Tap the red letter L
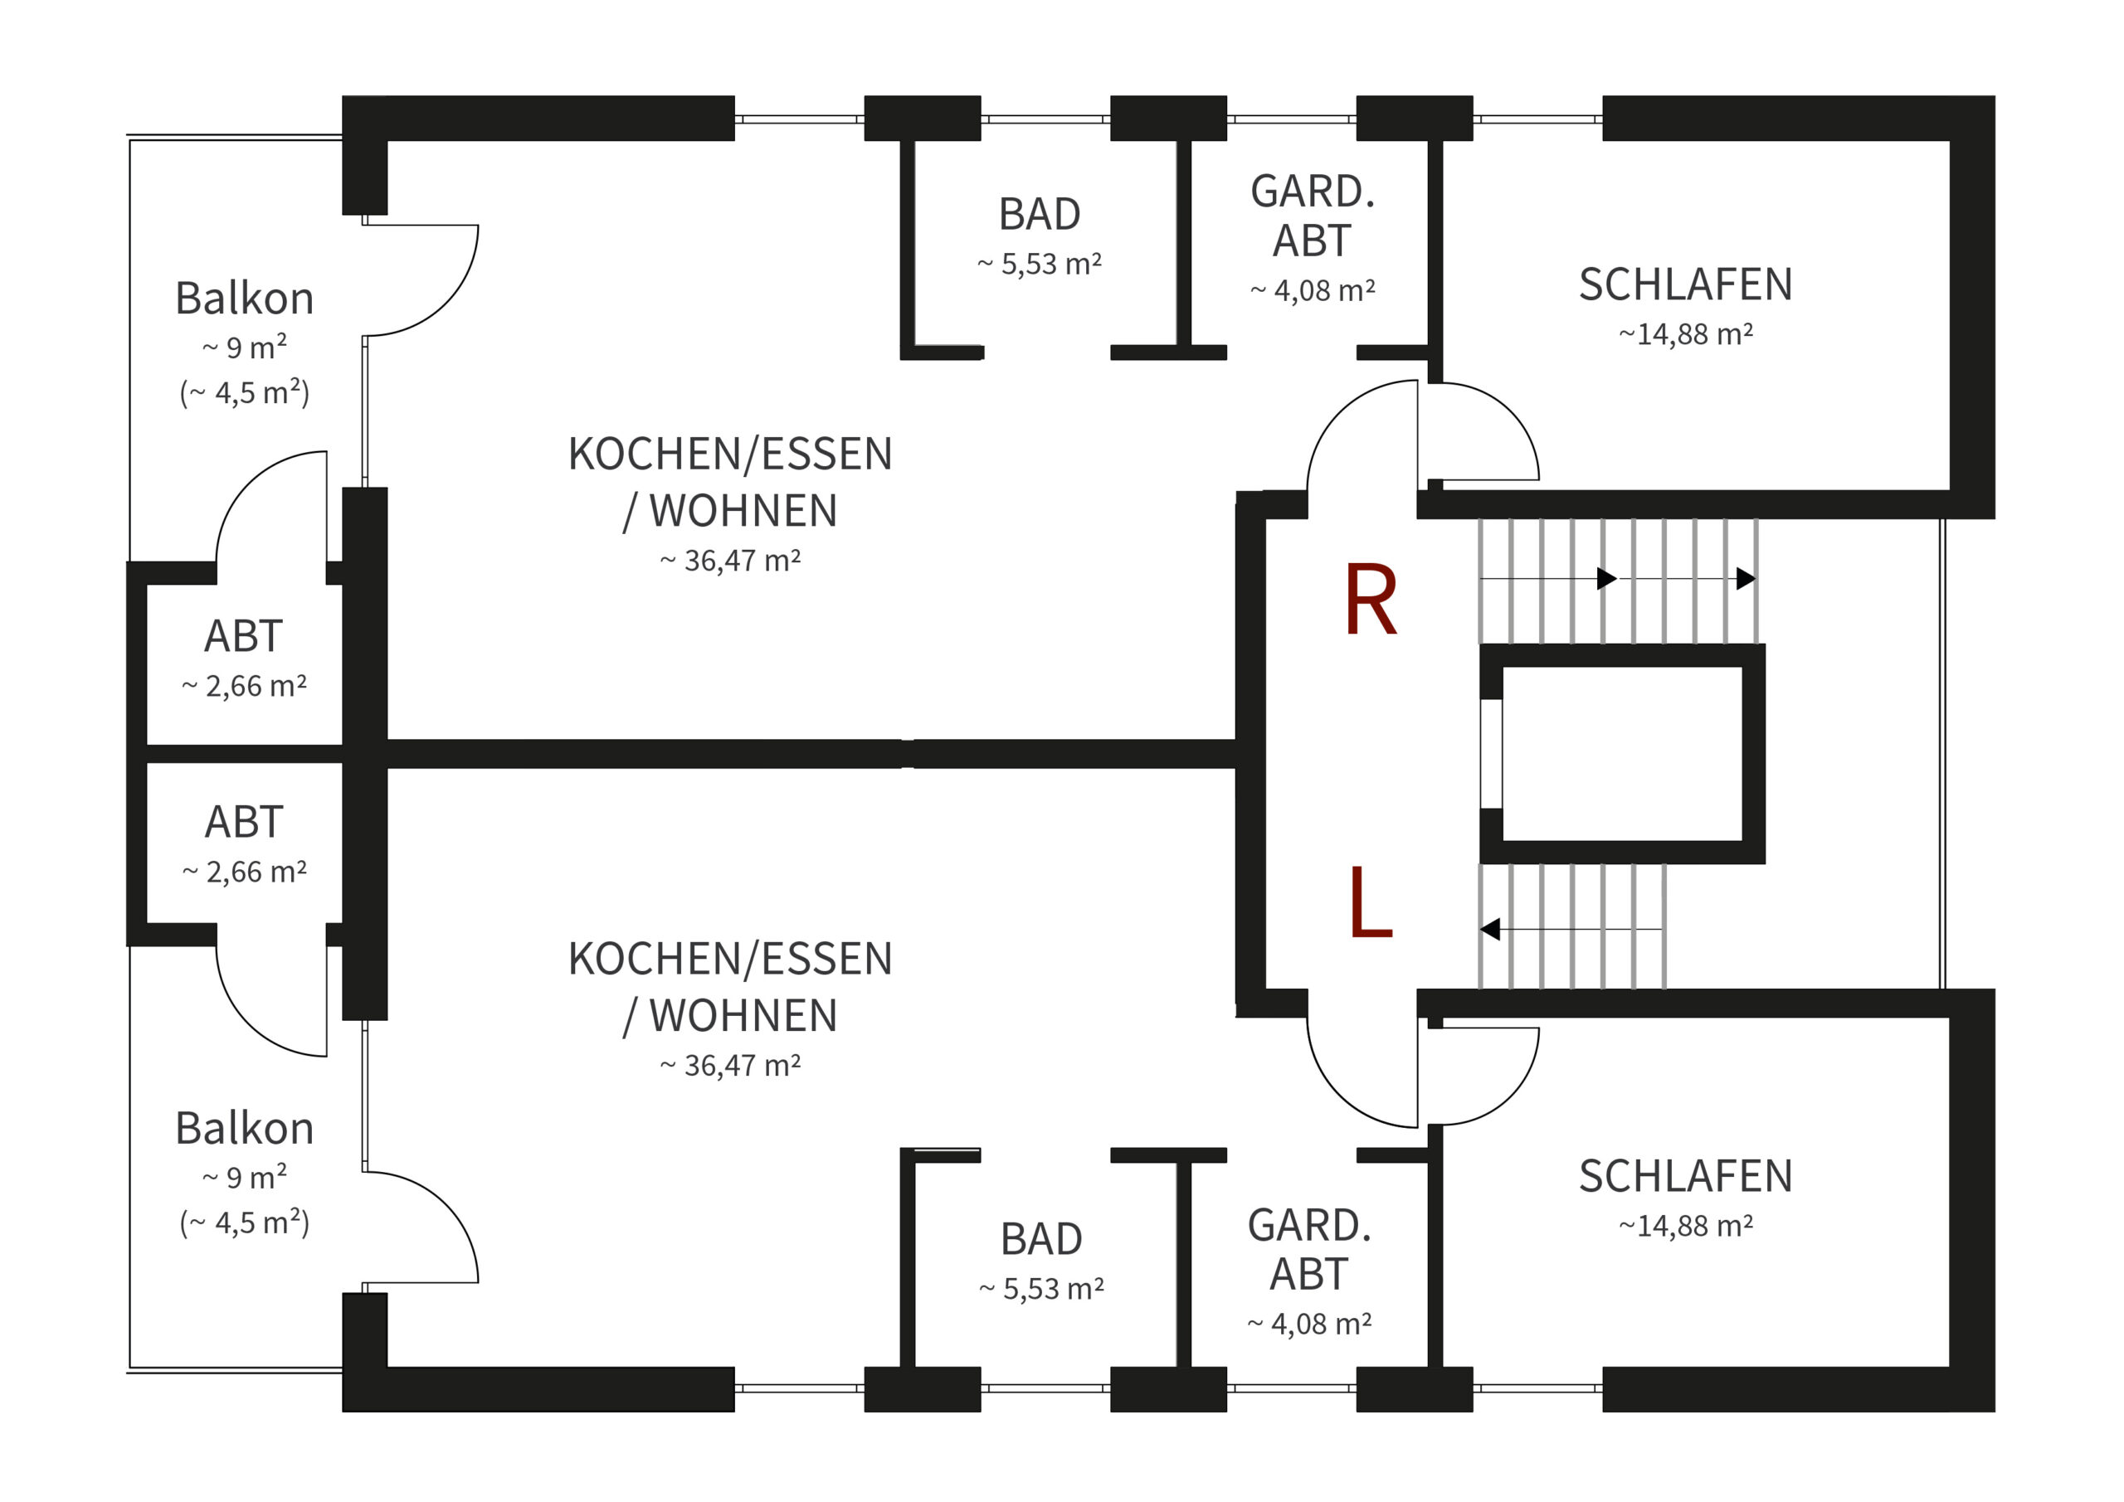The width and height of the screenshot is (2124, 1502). click(x=1370, y=902)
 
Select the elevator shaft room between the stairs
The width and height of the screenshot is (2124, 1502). click(x=1622, y=754)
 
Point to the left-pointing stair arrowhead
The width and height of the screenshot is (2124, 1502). click(x=1489, y=929)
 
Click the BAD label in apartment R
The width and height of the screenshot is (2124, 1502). click(x=1039, y=215)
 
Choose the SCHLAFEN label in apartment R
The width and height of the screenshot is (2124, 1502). click(x=1685, y=284)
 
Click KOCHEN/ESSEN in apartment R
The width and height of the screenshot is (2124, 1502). click(x=730, y=454)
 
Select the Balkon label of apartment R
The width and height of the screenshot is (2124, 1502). click(x=244, y=299)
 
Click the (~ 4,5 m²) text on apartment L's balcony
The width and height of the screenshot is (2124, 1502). click(x=244, y=1223)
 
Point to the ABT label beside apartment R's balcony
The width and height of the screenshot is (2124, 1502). click(x=243, y=636)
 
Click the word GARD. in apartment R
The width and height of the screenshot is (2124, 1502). click(x=1312, y=192)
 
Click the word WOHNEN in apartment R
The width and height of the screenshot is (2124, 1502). click(x=743, y=511)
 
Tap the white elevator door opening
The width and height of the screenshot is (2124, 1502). click(x=1490, y=754)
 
